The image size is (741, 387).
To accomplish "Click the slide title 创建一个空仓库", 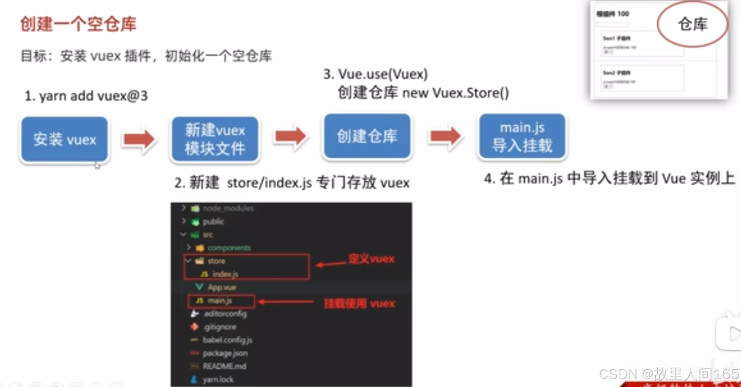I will [x=78, y=24].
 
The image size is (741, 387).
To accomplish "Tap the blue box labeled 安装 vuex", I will [x=64, y=140].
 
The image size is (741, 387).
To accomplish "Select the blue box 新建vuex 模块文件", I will [x=214, y=140].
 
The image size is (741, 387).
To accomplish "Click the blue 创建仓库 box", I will [x=367, y=137].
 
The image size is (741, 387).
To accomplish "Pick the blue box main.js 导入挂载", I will [x=522, y=137].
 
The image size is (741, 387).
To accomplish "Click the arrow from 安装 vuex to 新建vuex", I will [x=139, y=140].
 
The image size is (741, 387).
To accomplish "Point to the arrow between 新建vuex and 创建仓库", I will [x=290, y=137].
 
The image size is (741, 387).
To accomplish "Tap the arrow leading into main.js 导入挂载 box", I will [x=445, y=137].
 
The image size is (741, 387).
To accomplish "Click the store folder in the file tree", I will [x=216, y=261].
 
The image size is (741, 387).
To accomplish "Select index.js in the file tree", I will [x=225, y=274].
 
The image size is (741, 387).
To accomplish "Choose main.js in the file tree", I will [x=220, y=300].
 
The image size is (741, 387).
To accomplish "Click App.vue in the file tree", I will [x=222, y=287].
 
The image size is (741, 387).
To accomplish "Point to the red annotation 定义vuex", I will [x=371, y=259].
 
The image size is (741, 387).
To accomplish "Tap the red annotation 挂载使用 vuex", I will [x=359, y=303].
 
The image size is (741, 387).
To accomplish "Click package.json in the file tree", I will [x=225, y=353].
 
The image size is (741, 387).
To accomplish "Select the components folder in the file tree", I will [x=229, y=247].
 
